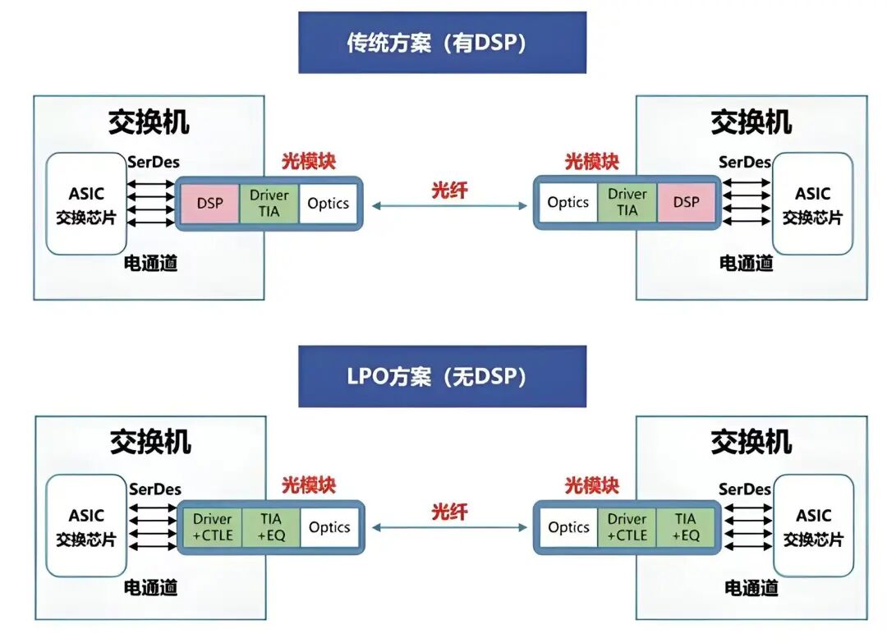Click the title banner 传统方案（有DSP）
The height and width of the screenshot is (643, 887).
(442, 43)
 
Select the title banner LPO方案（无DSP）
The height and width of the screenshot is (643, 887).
(442, 376)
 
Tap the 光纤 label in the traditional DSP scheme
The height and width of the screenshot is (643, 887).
(449, 190)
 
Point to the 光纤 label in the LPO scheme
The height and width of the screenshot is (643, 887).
(449, 512)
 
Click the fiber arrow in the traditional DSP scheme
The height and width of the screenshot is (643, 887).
(449, 206)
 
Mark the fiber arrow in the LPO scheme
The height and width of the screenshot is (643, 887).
(449, 528)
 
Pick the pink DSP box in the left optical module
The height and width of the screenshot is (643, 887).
(209, 203)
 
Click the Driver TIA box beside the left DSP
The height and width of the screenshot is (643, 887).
(269, 203)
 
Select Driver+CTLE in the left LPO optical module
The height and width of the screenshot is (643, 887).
(213, 527)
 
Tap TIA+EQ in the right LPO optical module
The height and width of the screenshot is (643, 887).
(686, 527)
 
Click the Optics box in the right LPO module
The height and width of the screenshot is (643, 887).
(568, 527)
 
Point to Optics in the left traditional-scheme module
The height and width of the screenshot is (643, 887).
(328, 203)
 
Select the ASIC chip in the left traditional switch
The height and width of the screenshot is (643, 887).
(86, 204)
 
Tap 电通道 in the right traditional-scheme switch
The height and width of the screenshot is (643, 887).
(746, 264)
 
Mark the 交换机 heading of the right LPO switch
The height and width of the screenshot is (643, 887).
(751, 443)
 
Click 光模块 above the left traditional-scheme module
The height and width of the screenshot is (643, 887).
(309, 162)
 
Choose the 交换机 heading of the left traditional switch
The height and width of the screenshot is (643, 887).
(149, 122)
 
